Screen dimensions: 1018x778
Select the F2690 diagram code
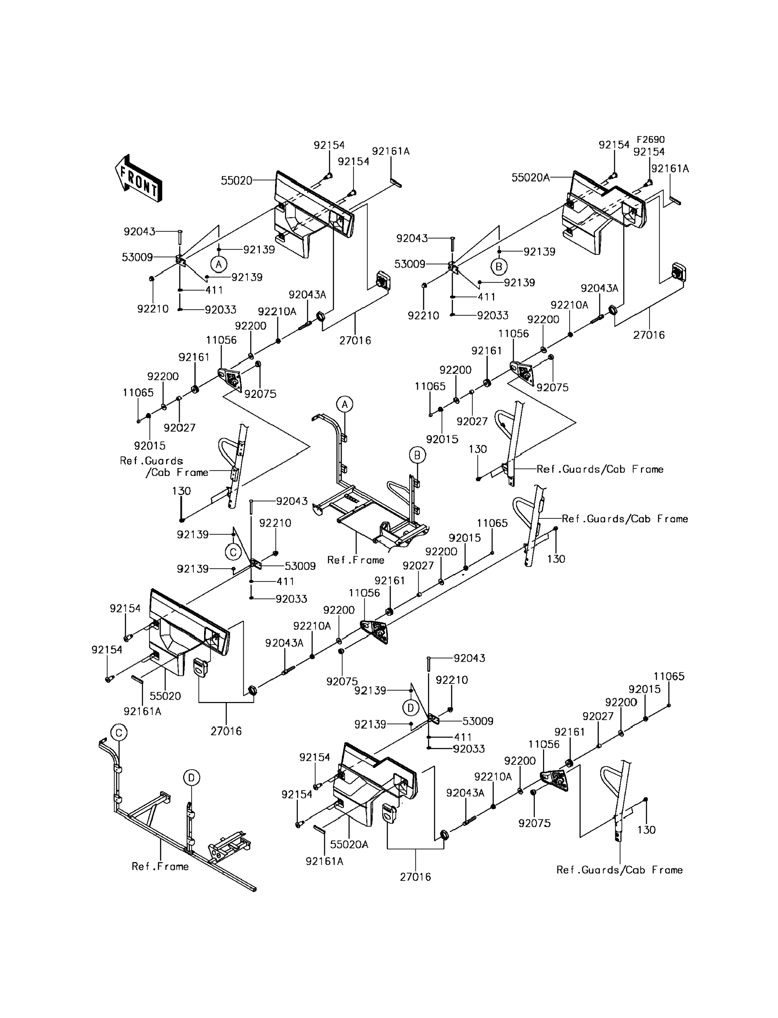tap(650, 140)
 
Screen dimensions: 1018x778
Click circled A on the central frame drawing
tap(345, 404)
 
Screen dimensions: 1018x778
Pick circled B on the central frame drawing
tap(417, 456)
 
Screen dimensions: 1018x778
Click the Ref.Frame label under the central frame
tap(356, 560)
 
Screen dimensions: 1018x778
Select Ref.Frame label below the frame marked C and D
tap(160, 866)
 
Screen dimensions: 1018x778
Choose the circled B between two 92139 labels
tap(499, 267)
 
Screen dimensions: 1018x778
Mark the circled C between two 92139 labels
tap(233, 552)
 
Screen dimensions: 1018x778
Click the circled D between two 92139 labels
tap(410, 708)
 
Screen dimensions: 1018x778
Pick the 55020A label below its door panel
tap(349, 844)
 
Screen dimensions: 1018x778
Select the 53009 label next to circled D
tap(478, 721)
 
